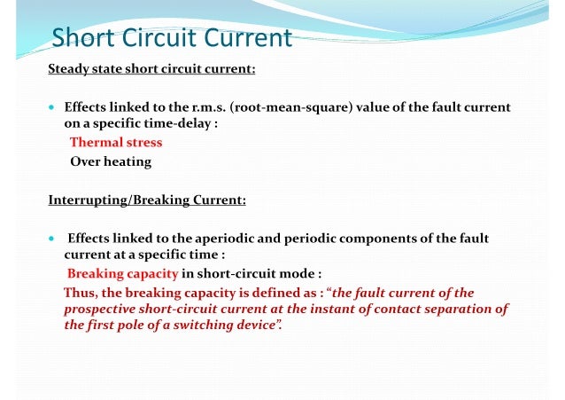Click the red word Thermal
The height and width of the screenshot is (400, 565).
(x=96, y=142)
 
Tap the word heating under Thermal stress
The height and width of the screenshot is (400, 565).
(x=128, y=161)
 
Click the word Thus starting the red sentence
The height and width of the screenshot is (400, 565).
(x=80, y=293)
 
